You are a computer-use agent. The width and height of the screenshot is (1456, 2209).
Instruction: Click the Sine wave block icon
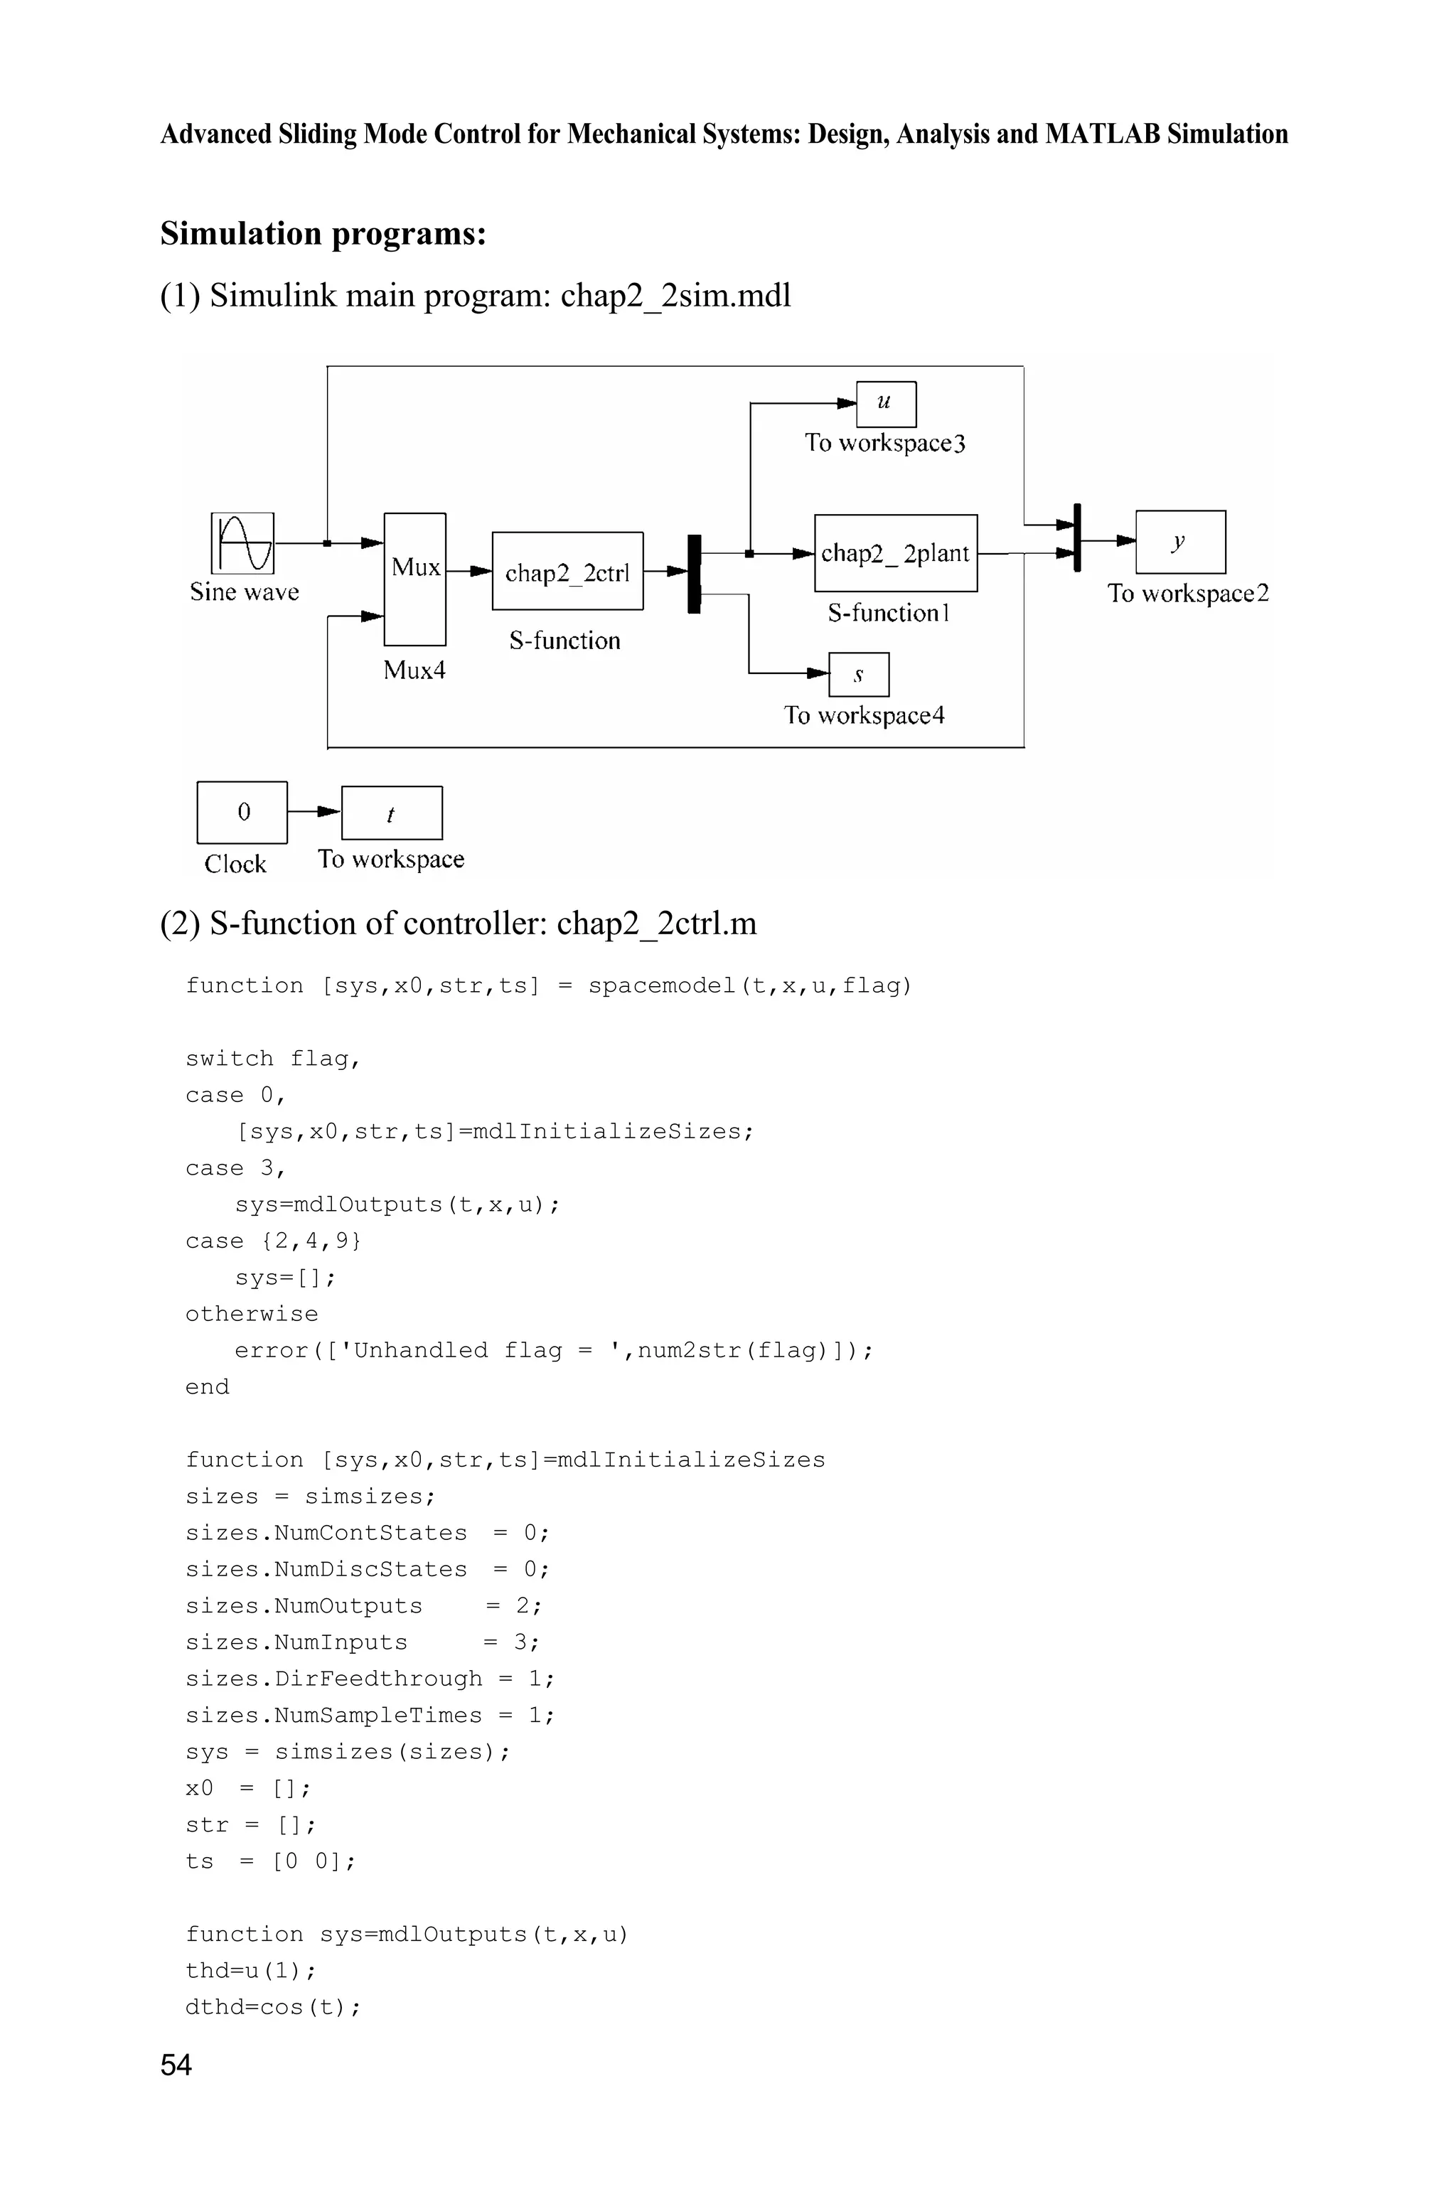coord(242,543)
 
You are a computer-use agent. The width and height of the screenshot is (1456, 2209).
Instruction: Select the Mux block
coord(415,579)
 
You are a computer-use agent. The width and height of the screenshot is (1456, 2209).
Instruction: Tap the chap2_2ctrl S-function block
coord(567,571)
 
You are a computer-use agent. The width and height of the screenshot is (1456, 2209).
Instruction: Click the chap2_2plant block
coord(895,553)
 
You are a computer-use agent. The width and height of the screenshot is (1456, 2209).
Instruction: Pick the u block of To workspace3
coord(885,404)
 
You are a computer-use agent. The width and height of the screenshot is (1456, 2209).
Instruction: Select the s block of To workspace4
coord(858,675)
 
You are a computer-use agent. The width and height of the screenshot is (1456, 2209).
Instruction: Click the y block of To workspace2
coord(1179,542)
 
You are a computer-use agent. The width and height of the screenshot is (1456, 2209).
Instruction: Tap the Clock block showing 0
coord(242,813)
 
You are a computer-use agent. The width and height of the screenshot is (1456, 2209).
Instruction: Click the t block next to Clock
coord(391,813)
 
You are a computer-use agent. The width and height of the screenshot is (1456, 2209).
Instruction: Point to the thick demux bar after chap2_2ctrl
coord(694,573)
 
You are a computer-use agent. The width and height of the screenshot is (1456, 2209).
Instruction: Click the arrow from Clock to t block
coord(315,811)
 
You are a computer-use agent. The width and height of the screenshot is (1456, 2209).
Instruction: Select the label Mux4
coord(414,670)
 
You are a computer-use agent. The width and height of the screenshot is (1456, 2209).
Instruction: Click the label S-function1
coord(889,613)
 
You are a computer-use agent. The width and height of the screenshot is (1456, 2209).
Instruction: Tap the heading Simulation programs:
coord(323,233)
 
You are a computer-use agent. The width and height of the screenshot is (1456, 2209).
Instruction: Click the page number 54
coord(176,2065)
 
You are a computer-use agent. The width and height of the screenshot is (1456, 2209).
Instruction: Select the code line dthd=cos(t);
coord(273,2008)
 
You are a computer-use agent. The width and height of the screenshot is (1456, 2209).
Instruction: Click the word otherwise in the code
coord(252,1314)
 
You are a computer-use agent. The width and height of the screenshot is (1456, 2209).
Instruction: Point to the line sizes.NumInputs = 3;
coord(361,1642)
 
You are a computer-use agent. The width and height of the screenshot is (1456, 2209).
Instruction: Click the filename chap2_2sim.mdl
coord(675,295)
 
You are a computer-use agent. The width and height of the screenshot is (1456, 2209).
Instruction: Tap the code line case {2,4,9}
coord(273,1241)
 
